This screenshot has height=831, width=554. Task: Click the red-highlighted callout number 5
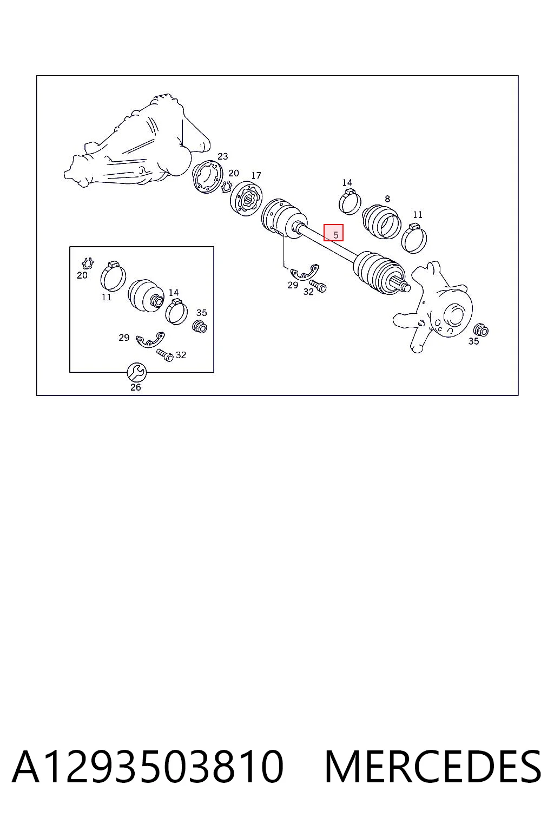click(x=335, y=235)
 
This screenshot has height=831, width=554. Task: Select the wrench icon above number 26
click(x=136, y=372)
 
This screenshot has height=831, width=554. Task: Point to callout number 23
click(x=223, y=156)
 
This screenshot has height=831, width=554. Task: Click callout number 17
click(x=256, y=175)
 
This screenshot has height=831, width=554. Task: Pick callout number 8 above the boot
click(x=387, y=199)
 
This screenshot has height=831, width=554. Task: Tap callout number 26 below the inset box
click(x=136, y=387)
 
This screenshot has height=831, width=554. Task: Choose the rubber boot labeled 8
click(x=382, y=221)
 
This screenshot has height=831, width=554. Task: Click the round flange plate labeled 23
click(x=208, y=177)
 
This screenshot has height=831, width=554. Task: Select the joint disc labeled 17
click(x=246, y=198)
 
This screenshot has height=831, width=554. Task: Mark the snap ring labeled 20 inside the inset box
click(x=88, y=263)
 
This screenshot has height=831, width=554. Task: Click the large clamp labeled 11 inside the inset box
click(x=113, y=276)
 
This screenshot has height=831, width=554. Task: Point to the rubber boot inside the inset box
click(x=146, y=295)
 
